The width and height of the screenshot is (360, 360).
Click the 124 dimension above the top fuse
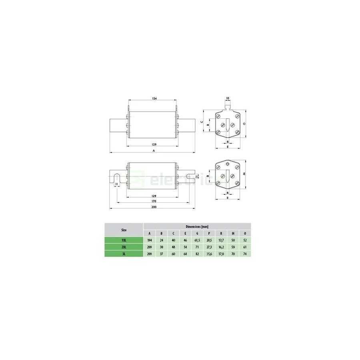[x=154, y=98]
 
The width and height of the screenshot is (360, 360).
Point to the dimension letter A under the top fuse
[x=153, y=151]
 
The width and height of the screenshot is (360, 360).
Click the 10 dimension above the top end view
[x=228, y=98]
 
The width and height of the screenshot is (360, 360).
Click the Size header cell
[x=124, y=230]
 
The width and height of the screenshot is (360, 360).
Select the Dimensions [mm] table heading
[x=197, y=226]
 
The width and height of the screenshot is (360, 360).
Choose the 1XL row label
[x=124, y=240]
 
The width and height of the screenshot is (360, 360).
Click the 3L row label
[x=124, y=254]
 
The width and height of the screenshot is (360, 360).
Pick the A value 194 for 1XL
[x=150, y=240]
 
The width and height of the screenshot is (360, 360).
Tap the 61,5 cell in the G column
[x=197, y=240]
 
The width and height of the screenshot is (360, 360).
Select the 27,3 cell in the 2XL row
[x=209, y=247]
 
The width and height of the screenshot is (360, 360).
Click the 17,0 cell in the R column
[x=221, y=254]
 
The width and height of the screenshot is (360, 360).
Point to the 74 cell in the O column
[x=245, y=254]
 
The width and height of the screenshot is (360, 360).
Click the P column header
[x=209, y=233]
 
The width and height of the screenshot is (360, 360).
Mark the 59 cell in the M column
[x=233, y=247]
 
